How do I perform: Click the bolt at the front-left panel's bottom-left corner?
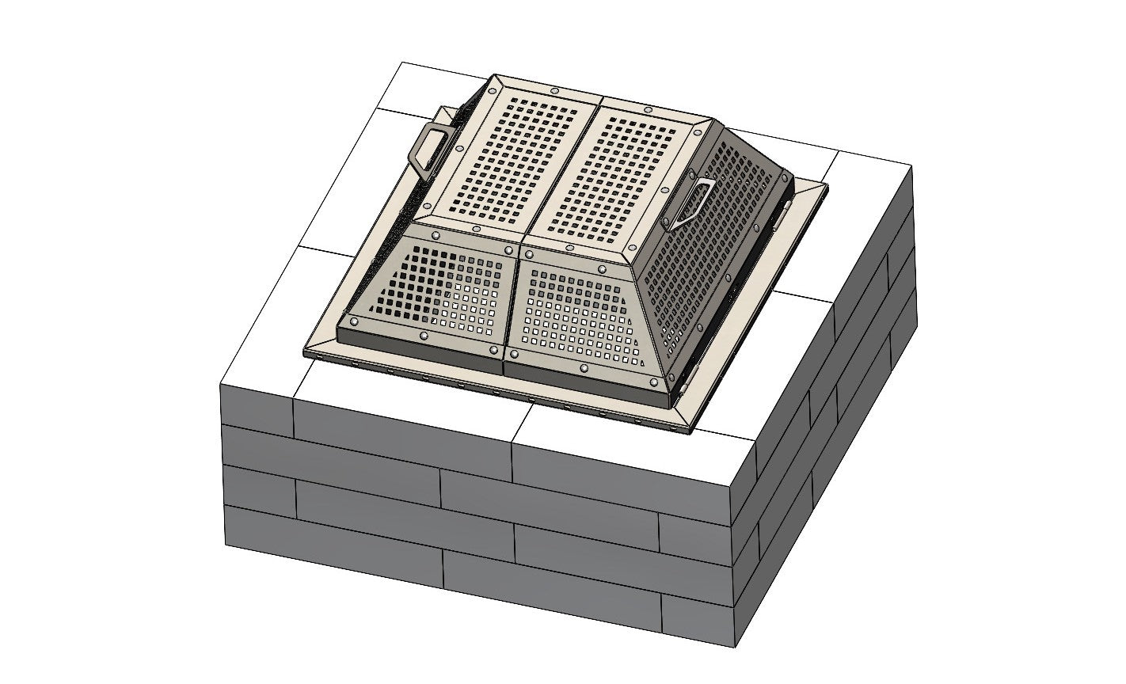tap(352, 322)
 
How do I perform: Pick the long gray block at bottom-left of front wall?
tap(333, 538)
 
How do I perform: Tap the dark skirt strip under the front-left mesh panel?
tap(420, 346)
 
